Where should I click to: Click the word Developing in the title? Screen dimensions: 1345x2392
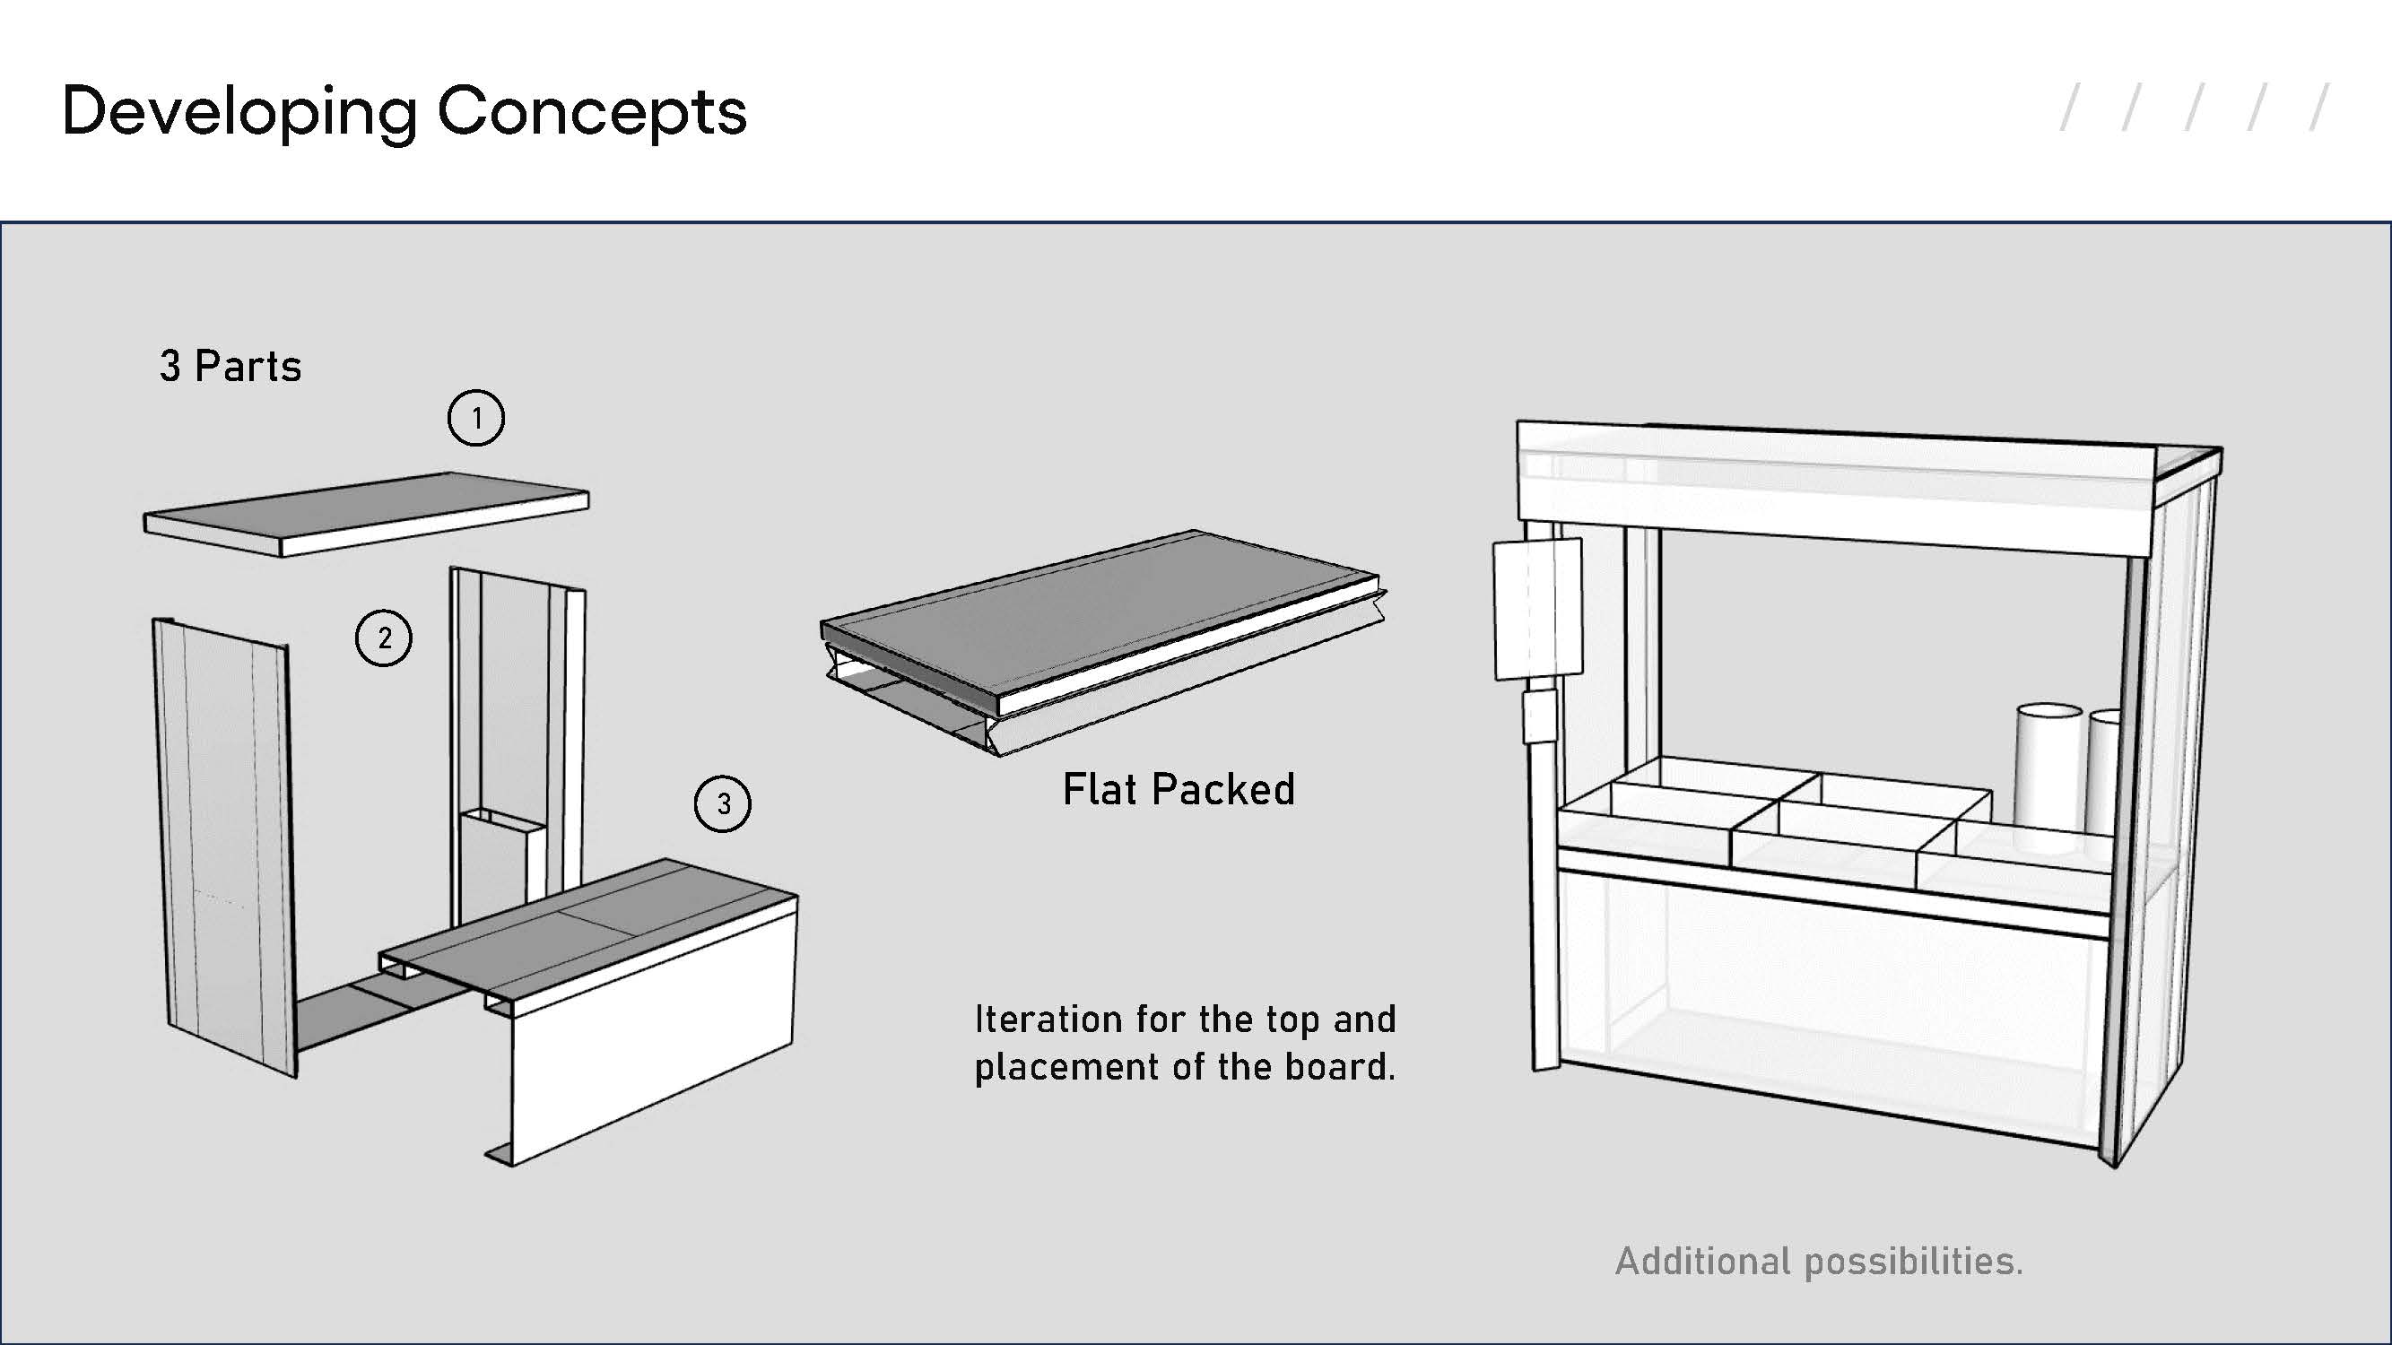pos(238,112)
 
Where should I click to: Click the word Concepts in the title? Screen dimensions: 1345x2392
pos(592,112)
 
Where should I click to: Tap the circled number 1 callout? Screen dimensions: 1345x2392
pos(476,418)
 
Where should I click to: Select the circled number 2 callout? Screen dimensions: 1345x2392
pos(384,638)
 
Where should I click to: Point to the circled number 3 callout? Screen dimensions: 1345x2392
pos(722,803)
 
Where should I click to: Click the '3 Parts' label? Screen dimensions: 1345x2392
pos(231,367)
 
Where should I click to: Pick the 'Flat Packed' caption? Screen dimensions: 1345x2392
pos(1178,790)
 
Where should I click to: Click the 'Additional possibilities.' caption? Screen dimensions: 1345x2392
pos(1818,1262)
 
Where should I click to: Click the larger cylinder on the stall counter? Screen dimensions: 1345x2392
pos(2048,776)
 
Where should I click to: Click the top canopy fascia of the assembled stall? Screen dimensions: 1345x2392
pos(1834,478)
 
